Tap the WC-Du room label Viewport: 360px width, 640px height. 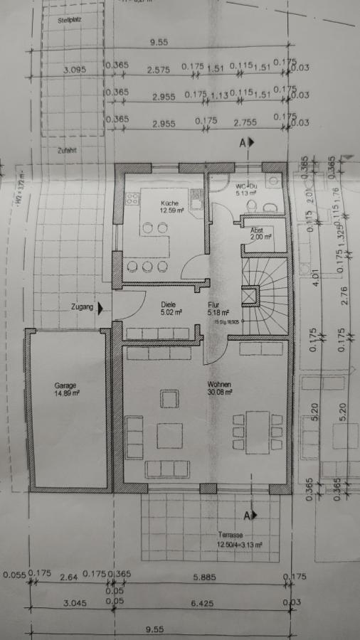click(247, 188)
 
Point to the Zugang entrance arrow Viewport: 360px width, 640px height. click(101, 307)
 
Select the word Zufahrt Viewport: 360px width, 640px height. click(68, 151)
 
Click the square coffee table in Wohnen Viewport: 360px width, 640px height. click(169, 435)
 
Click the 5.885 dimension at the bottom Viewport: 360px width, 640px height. click(203, 579)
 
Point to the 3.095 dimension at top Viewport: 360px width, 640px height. click(73, 70)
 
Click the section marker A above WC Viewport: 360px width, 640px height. click(243, 143)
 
